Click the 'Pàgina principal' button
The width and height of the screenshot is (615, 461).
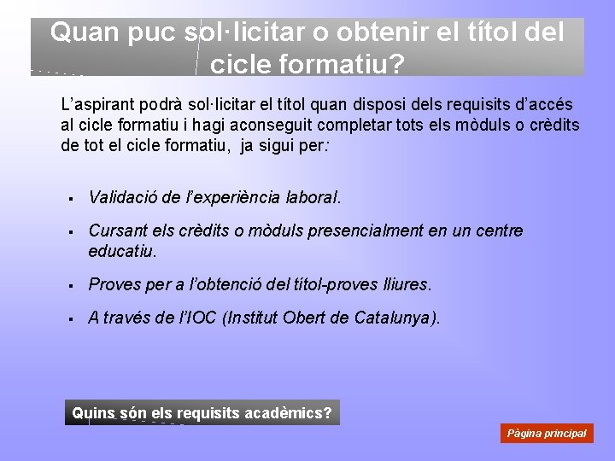[x=547, y=433]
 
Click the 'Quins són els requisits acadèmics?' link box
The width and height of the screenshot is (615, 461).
[x=202, y=413]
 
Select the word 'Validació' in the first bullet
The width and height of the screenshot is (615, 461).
[x=122, y=197]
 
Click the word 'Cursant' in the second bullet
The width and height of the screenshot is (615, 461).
[x=115, y=230]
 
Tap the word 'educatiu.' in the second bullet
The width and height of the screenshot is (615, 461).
[x=123, y=251]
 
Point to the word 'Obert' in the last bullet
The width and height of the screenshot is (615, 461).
[x=302, y=318]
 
